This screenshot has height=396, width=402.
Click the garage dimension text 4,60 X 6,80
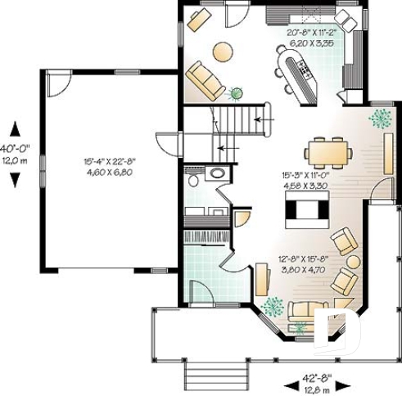[108, 173]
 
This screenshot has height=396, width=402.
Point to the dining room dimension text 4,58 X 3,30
[305, 186]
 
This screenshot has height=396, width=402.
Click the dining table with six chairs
[329, 152]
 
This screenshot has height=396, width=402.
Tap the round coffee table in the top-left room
[223, 52]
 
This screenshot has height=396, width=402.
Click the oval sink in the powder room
[218, 173]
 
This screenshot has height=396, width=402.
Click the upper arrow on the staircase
[263, 120]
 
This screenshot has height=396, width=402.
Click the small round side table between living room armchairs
[353, 262]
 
